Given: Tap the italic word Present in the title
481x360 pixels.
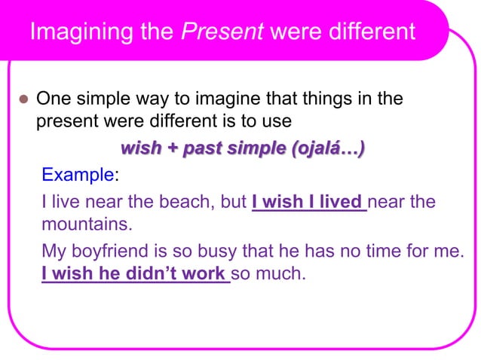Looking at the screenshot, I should pyautogui.click(x=223, y=32).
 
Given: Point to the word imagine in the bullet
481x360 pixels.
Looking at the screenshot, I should pyautogui.click(x=228, y=99).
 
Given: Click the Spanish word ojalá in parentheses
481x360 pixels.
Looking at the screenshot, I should pyautogui.click(x=316, y=148).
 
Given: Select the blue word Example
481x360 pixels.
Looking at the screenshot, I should pyautogui.click(x=76, y=175).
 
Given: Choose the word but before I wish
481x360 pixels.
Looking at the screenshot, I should pyautogui.click(x=234, y=203).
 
